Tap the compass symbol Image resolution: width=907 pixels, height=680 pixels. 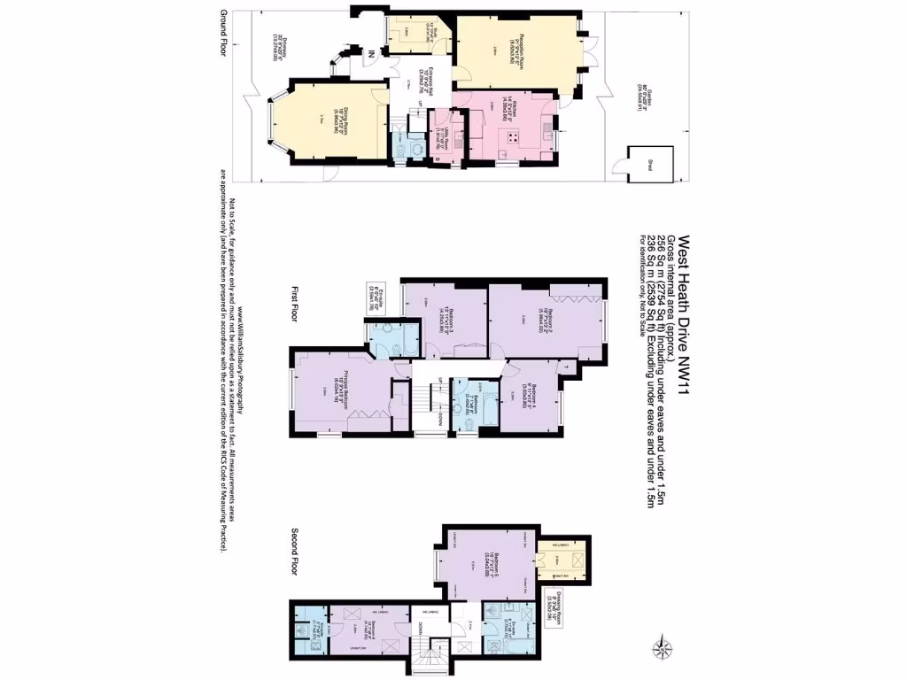click(658, 646)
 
